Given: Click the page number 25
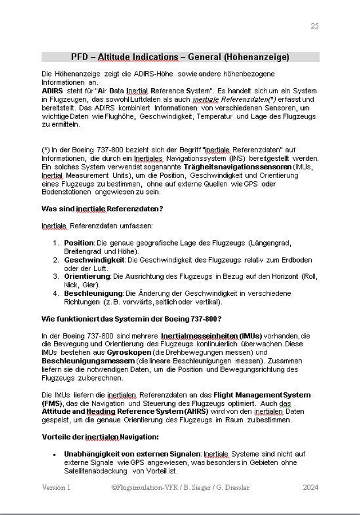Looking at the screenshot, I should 314,26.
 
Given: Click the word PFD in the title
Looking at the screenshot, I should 80,57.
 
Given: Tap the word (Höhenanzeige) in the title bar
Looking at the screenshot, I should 257,57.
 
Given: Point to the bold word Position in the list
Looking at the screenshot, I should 79,242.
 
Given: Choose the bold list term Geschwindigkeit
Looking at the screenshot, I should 94,260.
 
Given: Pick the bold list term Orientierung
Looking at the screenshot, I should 87,277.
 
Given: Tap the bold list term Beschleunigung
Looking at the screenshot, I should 93,293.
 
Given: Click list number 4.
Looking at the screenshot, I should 56,293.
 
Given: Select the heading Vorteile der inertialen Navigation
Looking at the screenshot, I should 100,437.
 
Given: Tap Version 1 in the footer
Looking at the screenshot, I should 56,487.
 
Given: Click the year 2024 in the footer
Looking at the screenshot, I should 310,487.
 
